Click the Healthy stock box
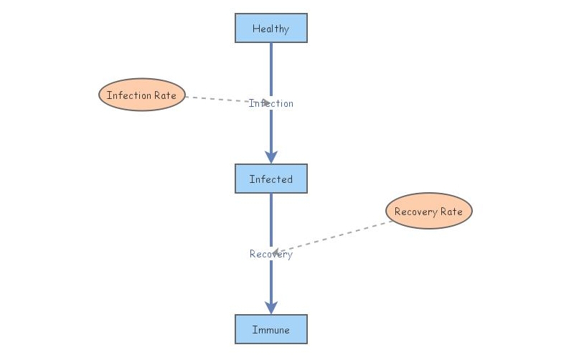pyautogui.click(x=271, y=29)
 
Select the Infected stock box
pyautogui.click(x=271, y=179)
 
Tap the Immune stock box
pyautogui.click(x=271, y=330)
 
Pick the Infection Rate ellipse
pyautogui.click(x=142, y=95)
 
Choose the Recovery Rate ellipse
pyautogui.click(x=429, y=212)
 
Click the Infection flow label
pyautogui.click(x=271, y=103)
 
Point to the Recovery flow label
pyautogui.click(x=271, y=254)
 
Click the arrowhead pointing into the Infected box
pyautogui.click(x=271, y=156)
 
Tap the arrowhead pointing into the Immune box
pyautogui.click(x=271, y=307)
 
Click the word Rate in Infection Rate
pyautogui.click(x=166, y=95)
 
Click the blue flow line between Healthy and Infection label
pyautogui.click(x=271, y=68)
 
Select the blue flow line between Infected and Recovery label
pyautogui.click(x=271, y=219)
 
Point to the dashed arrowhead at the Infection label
pyautogui.click(x=265, y=102)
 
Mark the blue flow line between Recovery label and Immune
pyautogui.click(x=271, y=283)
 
